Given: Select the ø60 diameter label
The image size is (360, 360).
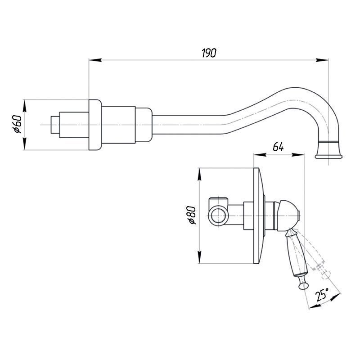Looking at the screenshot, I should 17,124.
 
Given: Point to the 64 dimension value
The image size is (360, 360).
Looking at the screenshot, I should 278,147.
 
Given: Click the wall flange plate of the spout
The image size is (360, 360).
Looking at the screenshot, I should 94,125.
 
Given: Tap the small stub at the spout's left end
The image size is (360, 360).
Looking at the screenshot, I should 55,125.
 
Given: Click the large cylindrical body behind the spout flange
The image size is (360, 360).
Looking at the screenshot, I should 118,125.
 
